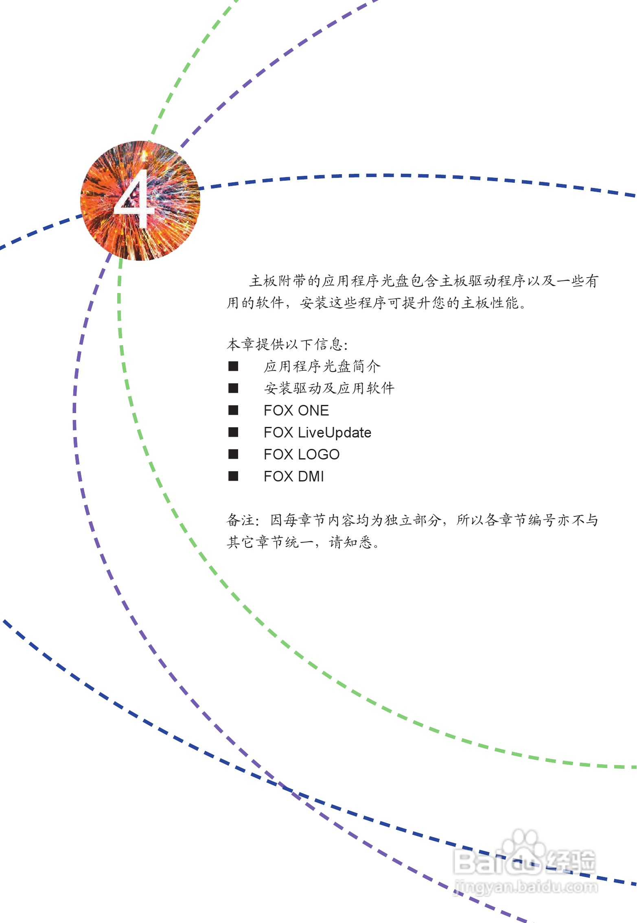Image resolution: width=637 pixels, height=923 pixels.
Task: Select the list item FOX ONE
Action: click(296, 410)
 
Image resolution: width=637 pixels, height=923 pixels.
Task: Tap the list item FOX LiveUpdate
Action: click(317, 432)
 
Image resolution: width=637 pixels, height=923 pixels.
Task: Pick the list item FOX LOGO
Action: click(301, 454)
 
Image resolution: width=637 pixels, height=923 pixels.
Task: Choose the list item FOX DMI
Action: click(293, 476)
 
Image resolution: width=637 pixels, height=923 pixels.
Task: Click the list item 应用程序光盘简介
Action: click(322, 366)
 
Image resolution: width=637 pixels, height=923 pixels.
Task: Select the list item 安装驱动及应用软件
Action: click(329, 388)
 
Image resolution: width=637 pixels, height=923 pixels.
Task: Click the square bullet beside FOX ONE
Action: click(233, 410)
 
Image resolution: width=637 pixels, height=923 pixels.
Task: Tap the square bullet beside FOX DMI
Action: click(233, 476)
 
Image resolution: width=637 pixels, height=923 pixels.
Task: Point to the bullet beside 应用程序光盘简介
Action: click(233, 366)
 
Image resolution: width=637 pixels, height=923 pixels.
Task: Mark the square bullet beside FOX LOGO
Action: click(233, 454)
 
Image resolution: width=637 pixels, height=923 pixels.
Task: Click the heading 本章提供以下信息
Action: click(287, 344)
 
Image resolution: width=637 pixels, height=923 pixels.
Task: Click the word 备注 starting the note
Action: click(241, 520)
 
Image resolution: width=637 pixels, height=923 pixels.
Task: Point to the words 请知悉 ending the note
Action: click(350, 542)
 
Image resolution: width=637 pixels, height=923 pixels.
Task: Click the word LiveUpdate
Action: click(334, 432)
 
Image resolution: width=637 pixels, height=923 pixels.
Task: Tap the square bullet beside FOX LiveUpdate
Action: click(233, 432)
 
